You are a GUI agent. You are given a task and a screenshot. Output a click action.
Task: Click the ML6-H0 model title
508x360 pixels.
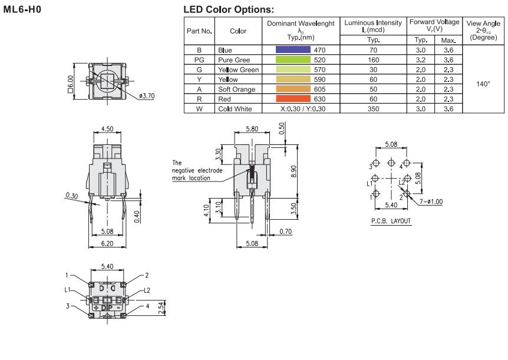pos(22,9)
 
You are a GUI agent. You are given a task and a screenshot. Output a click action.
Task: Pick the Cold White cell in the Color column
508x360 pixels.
pos(236,108)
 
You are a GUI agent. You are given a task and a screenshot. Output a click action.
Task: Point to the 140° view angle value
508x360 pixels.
pos(483,84)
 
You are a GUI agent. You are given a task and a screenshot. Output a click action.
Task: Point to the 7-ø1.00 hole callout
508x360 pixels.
pos(431,202)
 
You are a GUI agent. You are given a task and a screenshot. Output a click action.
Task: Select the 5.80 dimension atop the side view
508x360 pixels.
pos(252,128)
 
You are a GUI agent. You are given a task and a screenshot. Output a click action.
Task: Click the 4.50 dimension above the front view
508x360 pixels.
pos(108,128)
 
